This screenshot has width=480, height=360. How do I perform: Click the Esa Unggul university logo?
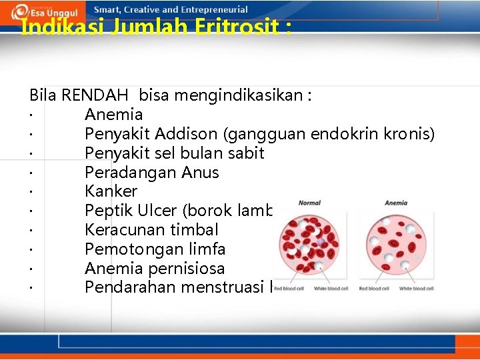click(44, 12)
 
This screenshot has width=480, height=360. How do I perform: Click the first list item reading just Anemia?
click(113, 115)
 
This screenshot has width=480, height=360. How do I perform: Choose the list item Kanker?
click(111, 191)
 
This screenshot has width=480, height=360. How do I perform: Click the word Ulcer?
click(154, 211)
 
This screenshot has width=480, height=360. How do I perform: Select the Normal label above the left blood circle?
click(309, 203)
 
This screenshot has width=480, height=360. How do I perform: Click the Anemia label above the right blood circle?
click(396, 203)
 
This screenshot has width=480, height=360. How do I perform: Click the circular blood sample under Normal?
click(309, 244)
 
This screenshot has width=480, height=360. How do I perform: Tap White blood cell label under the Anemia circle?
click(417, 289)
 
